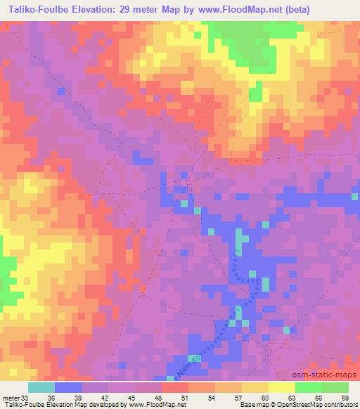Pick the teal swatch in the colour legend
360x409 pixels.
pyautogui.click(x=41, y=388)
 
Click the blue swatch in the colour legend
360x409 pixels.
pyautogui.click(x=68, y=388)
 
